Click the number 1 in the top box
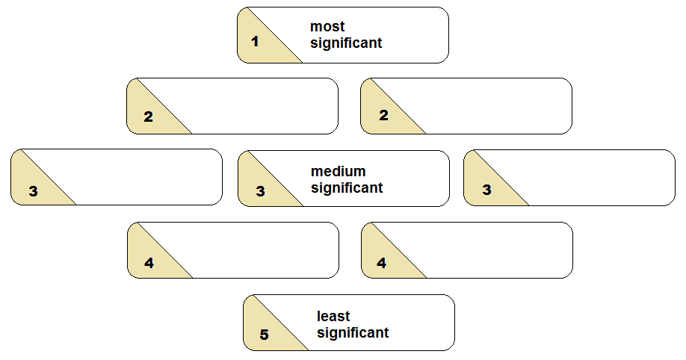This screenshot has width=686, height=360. coord(256,41)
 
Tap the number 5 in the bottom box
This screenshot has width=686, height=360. coord(264,335)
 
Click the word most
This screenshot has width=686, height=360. coord(327,27)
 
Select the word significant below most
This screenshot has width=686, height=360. coord(346,43)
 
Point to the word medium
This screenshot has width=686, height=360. coord(338,172)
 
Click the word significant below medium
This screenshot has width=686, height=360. coord(347,187)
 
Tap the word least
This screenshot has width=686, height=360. coord(333,317)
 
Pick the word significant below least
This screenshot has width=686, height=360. coord(353,333)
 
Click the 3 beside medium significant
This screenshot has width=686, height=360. coord(260,191)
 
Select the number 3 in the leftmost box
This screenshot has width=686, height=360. coord(33,191)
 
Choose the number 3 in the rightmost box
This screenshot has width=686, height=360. coord(486,190)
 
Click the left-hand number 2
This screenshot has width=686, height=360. coord(148,117)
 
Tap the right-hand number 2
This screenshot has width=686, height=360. coord(383,116)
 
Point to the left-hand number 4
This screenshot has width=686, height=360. coord(149,263)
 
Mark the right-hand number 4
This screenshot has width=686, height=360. coord(381,263)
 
